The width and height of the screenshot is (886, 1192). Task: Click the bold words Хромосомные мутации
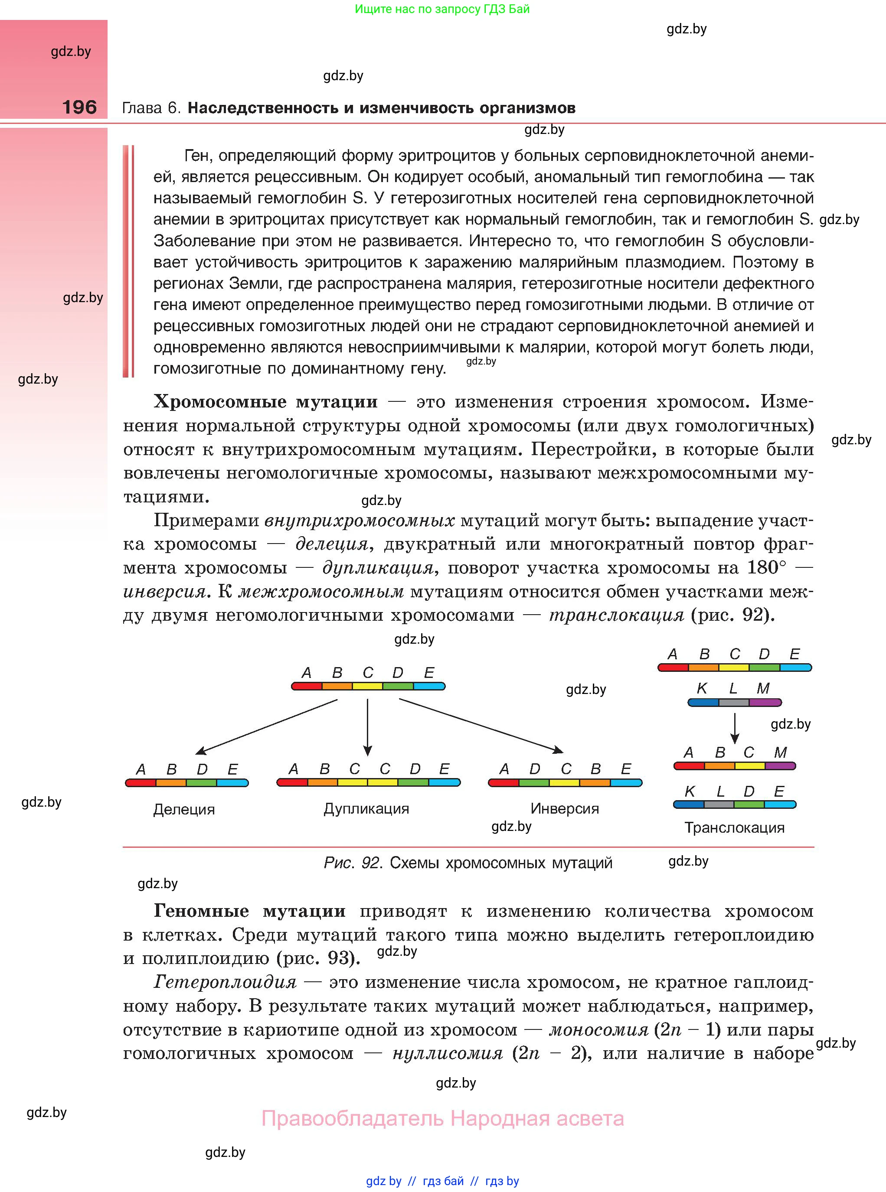(x=265, y=402)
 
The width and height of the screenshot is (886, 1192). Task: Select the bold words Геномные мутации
(x=249, y=911)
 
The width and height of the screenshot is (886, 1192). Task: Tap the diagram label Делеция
(x=184, y=809)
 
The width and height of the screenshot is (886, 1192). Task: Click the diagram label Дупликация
(x=366, y=809)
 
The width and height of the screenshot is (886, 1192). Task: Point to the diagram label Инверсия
(x=564, y=808)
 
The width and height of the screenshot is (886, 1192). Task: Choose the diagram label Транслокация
(x=734, y=827)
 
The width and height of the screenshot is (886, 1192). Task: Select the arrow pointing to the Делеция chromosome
(x=267, y=727)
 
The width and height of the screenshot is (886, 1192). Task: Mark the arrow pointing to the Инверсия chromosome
(x=481, y=726)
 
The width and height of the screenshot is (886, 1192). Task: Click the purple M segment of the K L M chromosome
(x=765, y=703)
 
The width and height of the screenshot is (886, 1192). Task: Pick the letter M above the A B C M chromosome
(x=780, y=752)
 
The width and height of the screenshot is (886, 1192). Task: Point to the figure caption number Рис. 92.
(x=353, y=863)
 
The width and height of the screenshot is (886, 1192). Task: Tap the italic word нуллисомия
(x=448, y=1053)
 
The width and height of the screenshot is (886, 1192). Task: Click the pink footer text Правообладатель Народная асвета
(x=442, y=1119)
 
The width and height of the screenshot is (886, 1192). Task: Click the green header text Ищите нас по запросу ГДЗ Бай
(x=442, y=9)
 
